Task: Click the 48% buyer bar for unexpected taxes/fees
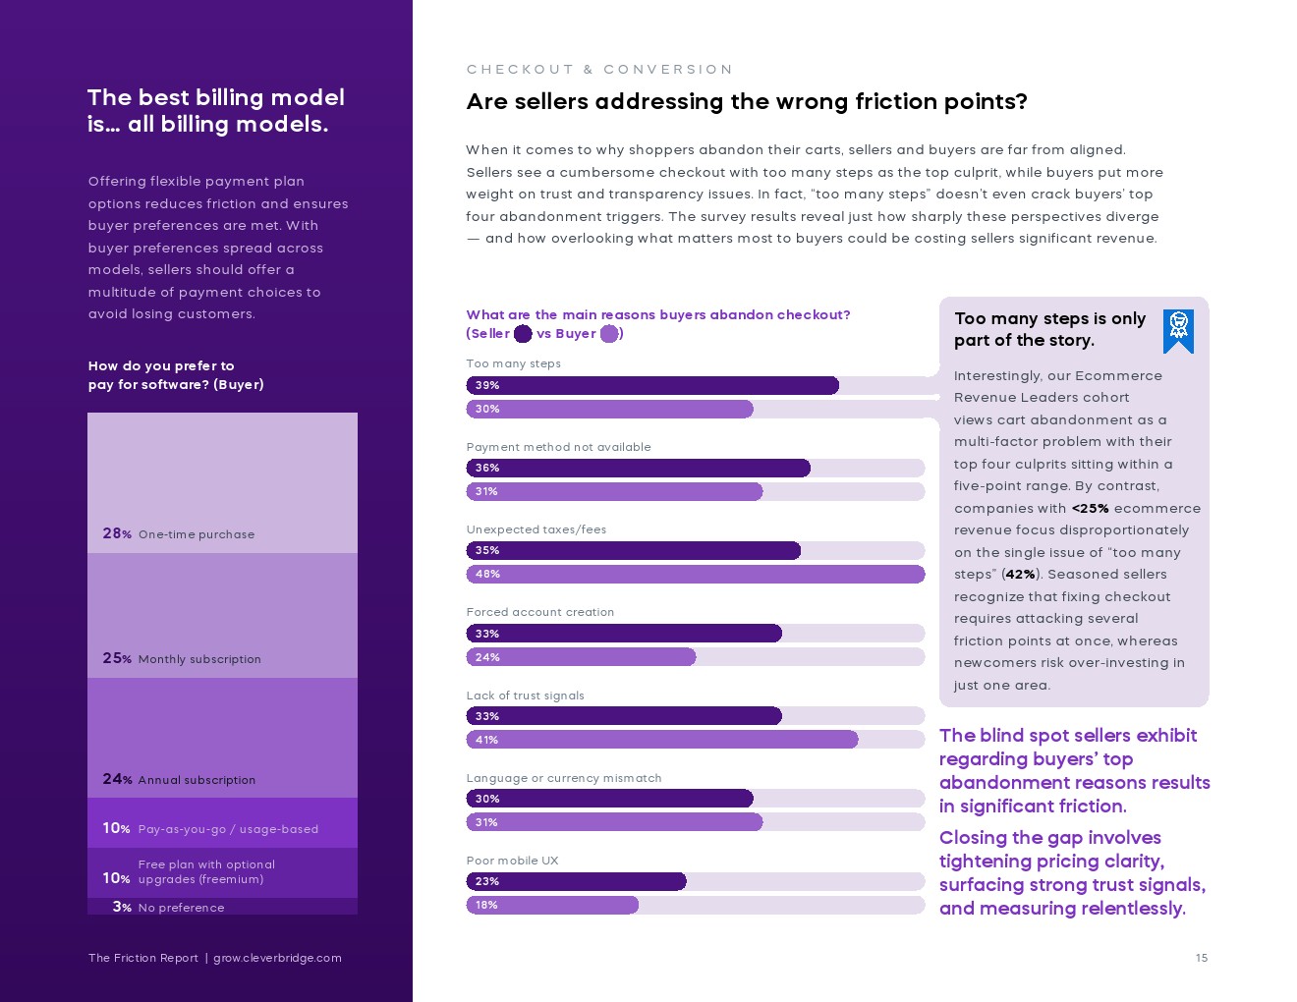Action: tap(695, 574)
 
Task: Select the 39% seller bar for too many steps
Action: tap(652, 385)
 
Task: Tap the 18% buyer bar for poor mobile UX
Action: tap(552, 905)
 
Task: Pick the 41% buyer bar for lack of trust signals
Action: tap(661, 740)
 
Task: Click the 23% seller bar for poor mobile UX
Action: tap(576, 881)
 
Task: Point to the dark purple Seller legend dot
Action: tap(523, 334)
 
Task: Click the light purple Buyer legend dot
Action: tap(609, 334)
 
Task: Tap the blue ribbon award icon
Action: tap(1178, 331)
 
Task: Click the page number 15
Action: tap(1202, 958)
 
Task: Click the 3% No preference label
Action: tap(168, 907)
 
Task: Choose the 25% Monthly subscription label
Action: tap(182, 658)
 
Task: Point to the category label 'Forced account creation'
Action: tap(539, 612)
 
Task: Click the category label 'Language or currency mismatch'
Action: tap(563, 778)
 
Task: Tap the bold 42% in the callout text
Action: tap(1020, 575)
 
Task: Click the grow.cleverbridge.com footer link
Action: tap(277, 958)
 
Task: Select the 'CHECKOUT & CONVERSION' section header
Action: tap(599, 70)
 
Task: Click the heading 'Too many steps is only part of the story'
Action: tap(1048, 329)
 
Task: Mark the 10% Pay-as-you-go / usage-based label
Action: tap(210, 828)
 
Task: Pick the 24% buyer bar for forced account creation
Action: tap(581, 657)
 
